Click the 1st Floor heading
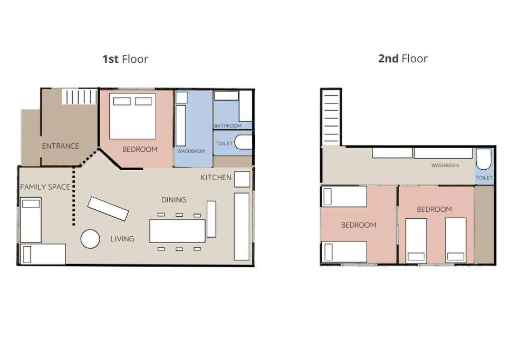click(x=125, y=59)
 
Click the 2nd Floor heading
click(x=402, y=59)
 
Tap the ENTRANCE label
click(x=61, y=146)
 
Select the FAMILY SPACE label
click(x=45, y=187)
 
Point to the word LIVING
click(x=122, y=239)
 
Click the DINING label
click(x=174, y=200)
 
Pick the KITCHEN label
click(x=216, y=178)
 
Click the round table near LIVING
click(x=90, y=239)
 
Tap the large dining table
click(x=177, y=231)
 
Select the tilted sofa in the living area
click(x=108, y=209)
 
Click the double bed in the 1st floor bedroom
click(x=132, y=116)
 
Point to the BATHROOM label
click(x=228, y=126)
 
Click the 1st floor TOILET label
click(x=224, y=143)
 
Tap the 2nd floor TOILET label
click(x=484, y=178)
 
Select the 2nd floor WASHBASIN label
click(x=445, y=165)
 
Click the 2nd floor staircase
click(x=331, y=118)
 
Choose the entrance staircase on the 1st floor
click(x=80, y=96)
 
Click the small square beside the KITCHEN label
click(x=242, y=179)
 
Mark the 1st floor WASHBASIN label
click(x=191, y=151)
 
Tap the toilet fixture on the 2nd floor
click(x=484, y=159)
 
